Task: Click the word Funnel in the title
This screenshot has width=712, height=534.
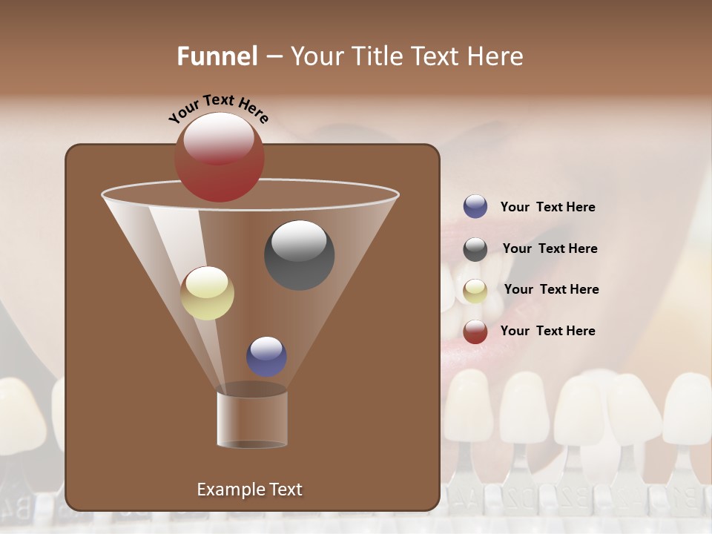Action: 217,56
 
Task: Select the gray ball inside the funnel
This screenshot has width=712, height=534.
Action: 299,255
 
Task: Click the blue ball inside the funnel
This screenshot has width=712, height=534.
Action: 266,356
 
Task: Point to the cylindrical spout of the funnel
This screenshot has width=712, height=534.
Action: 252,419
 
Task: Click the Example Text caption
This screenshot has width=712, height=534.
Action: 249,489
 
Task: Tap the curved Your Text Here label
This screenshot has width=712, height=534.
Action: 218,108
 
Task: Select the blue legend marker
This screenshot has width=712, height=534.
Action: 475,207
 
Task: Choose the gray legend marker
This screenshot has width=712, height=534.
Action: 475,249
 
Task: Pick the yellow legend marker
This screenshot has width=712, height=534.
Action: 475,291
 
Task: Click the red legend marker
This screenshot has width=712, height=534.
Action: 475,332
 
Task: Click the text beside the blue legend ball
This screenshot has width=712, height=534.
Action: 547,208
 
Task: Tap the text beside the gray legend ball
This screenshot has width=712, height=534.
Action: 550,248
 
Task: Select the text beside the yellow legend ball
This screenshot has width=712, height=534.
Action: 551,289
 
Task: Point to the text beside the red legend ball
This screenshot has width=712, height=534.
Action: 547,331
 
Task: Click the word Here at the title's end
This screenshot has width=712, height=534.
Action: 498,56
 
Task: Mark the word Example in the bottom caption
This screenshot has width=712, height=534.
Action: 228,489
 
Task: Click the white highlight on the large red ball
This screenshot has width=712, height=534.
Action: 219,138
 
